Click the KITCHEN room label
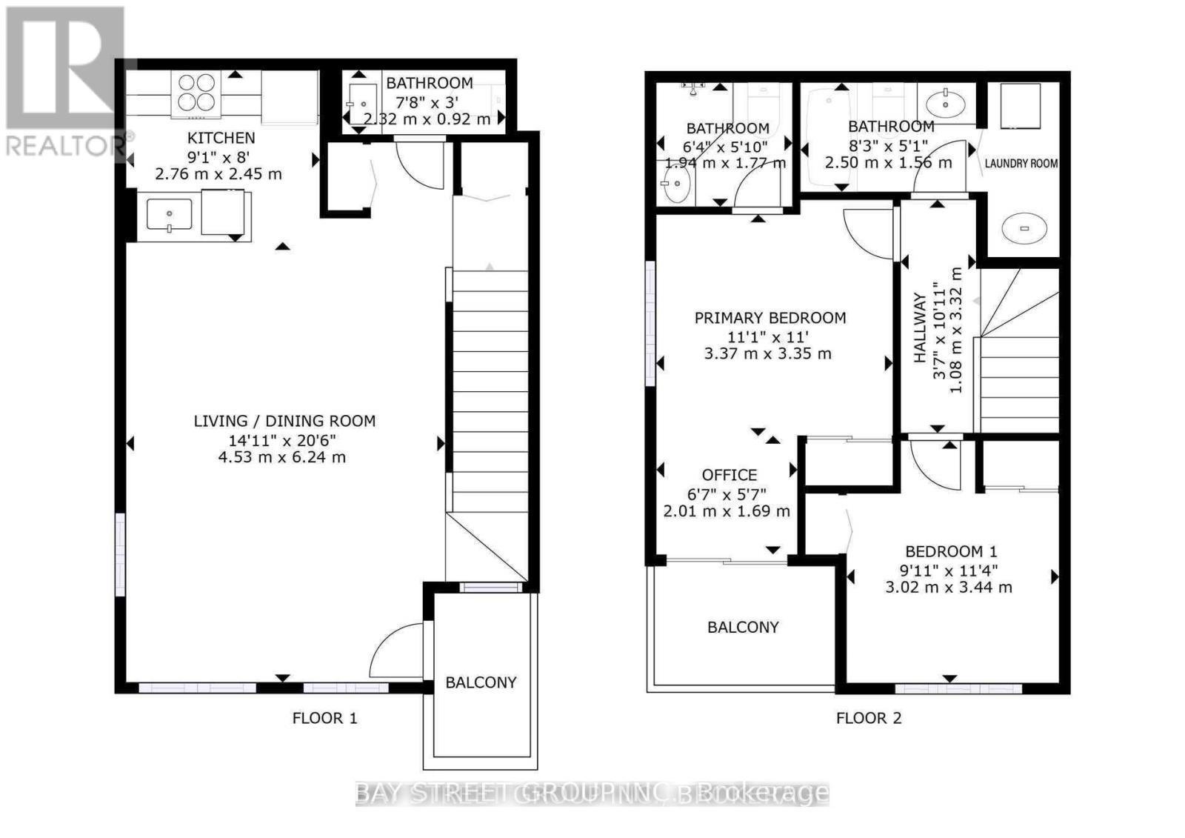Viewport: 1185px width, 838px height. pyautogui.click(x=221, y=138)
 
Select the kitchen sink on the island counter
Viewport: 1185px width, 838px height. pyautogui.click(x=170, y=214)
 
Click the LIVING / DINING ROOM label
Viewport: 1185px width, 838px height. pyautogui.click(x=284, y=421)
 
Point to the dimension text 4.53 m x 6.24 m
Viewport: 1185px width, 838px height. pyautogui.click(x=281, y=457)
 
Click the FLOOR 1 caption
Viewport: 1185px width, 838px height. pyautogui.click(x=324, y=718)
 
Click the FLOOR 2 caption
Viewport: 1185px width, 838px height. pyautogui.click(x=869, y=718)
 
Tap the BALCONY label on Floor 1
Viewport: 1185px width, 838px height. pyautogui.click(x=481, y=682)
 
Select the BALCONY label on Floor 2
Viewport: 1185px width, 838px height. pyautogui.click(x=743, y=628)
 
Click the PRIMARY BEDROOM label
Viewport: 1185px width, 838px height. pyautogui.click(x=770, y=318)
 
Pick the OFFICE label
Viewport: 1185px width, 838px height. pyautogui.click(x=729, y=475)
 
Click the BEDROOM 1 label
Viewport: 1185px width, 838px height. pyautogui.click(x=951, y=552)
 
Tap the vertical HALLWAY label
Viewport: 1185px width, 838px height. pyautogui.click(x=921, y=327)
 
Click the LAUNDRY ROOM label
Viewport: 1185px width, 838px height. pyautogui.click(x=1021, y=163)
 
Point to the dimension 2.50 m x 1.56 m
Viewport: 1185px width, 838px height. pyautogui.click(x=888, y=162)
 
